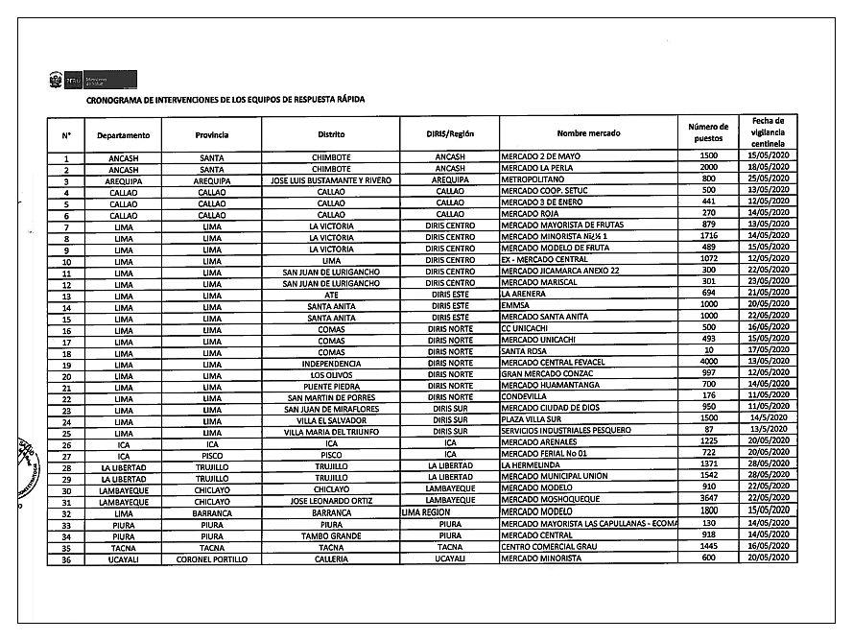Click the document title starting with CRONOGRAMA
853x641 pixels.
pyautogui.click(x=225, y=99)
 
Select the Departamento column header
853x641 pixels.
pyautogui.click(x=124, y=135)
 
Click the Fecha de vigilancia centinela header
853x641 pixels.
pyautogui.click(x=768, y=131)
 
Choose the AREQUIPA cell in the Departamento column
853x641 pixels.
pyautogui.click(x=124, y=179)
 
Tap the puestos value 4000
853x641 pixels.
pyautogui.click(x=709, y=364)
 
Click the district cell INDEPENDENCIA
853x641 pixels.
pyautogui.click(x=331, y=364)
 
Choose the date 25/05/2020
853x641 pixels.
pyautogui.click(x=768, y=179)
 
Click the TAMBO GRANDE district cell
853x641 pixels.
pyautogui.click(x=331, y=535)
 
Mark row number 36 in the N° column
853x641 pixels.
pyautogui.click(x=66, y=558)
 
